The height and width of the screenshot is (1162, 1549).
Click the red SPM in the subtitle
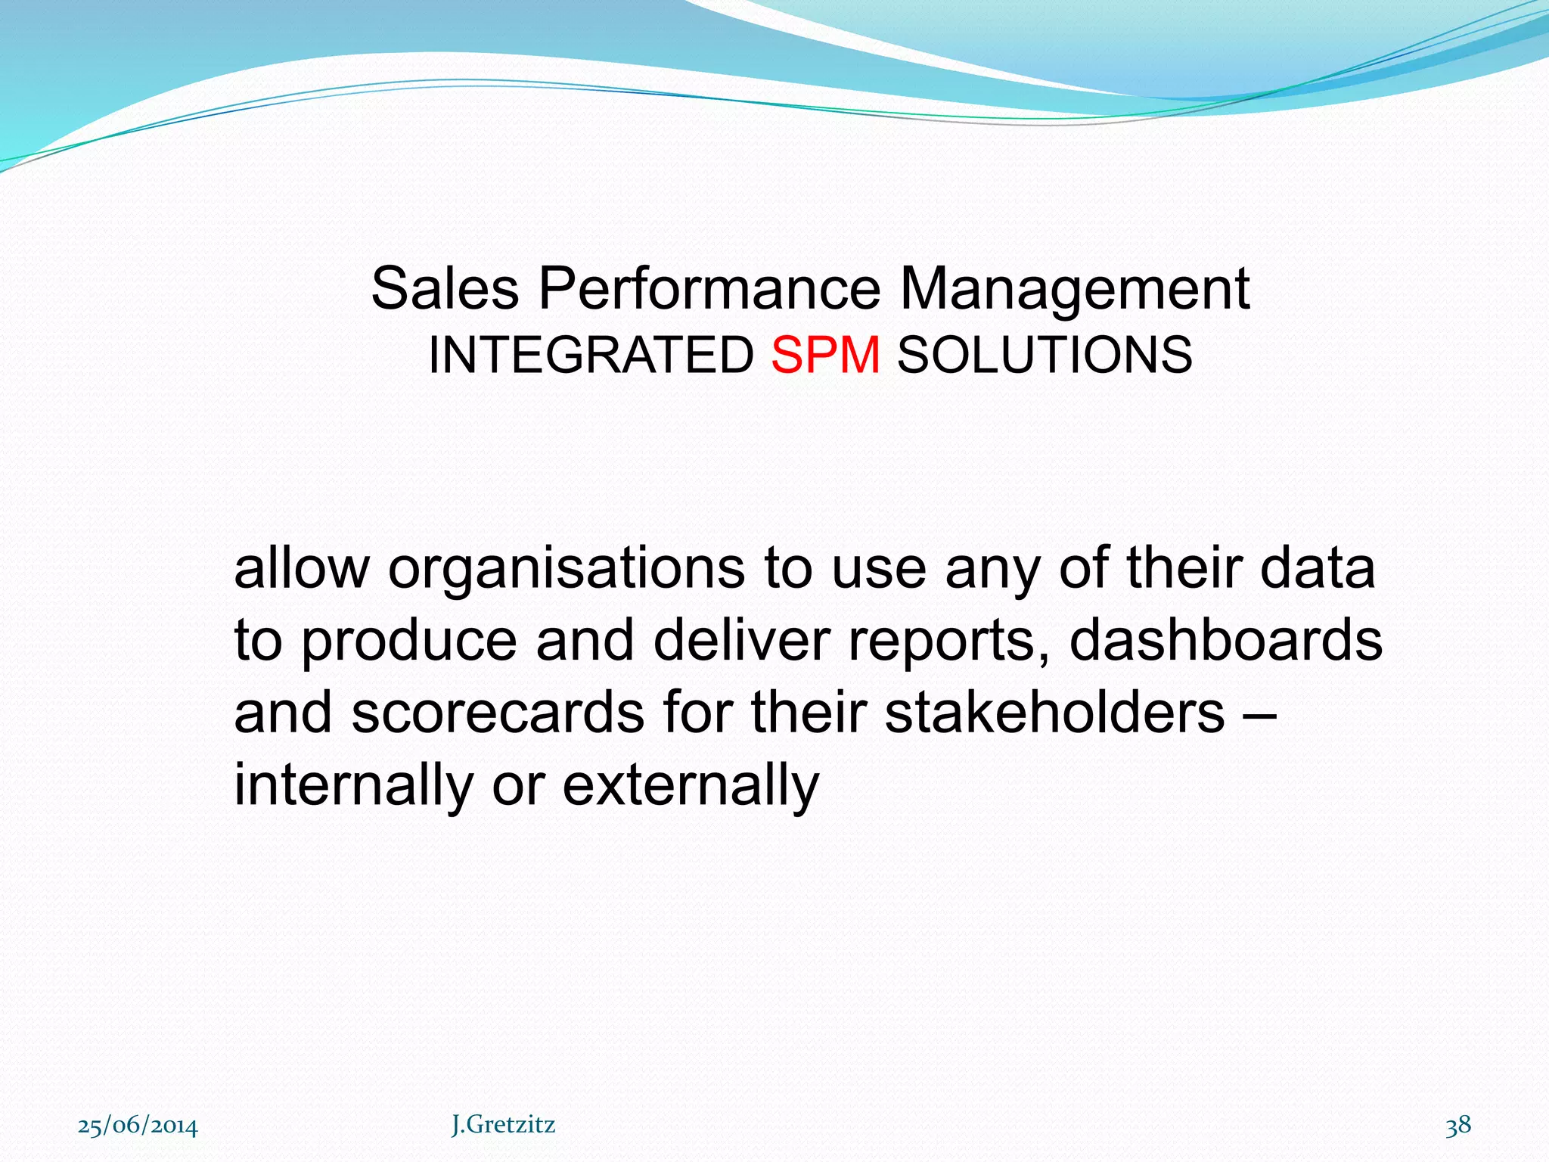click(825, 355)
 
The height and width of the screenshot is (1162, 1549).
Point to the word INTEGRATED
click(591, 355)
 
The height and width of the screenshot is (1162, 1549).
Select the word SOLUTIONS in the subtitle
click(1045, 355)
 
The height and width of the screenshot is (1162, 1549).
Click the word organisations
click(566, 569)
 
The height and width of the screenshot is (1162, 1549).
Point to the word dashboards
click(1225, 640)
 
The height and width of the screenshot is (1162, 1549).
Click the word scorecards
click(497, 713)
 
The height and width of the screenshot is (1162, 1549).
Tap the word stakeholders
click(1054, 713)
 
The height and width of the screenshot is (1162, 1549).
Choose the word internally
click(353, 785)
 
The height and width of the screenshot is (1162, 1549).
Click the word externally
click(691, 785)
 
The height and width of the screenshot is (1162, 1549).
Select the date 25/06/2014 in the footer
click(138, 1126)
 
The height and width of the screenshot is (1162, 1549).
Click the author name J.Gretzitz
click(503, 1125)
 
